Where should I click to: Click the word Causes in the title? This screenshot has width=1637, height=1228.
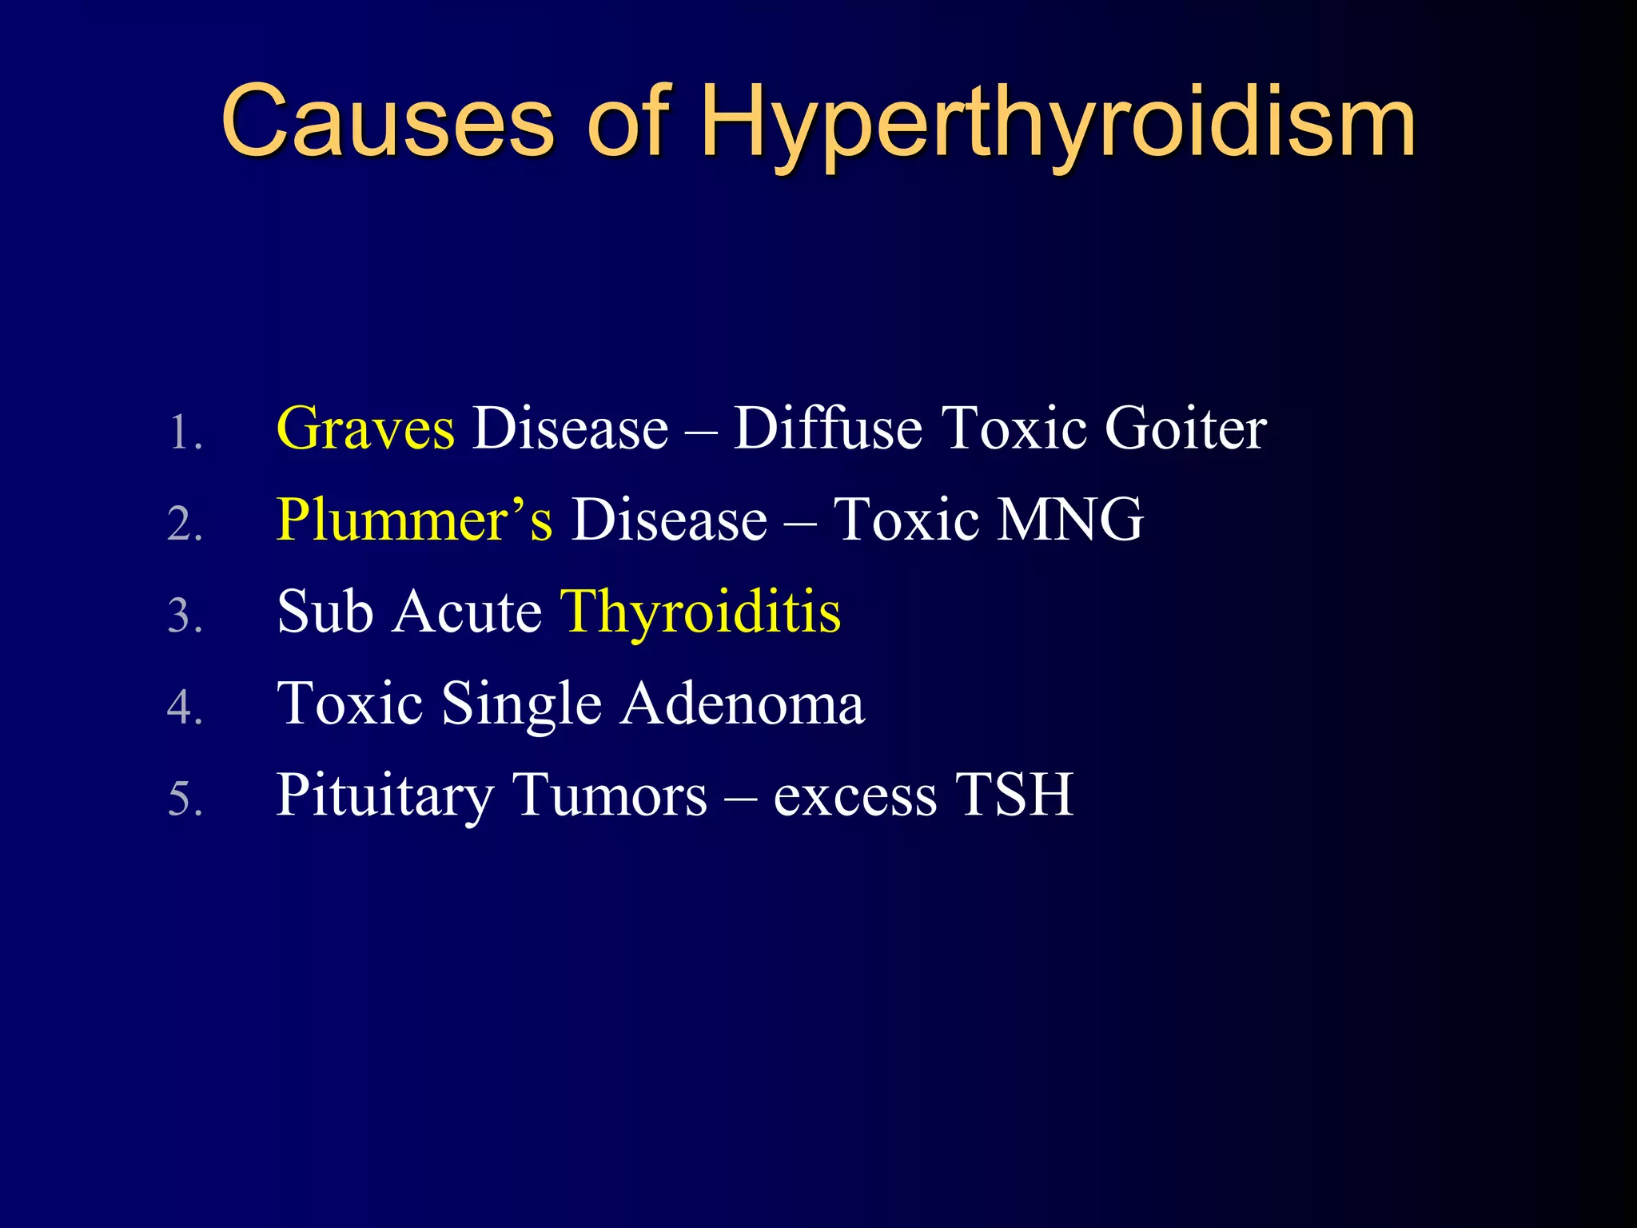point(387,122)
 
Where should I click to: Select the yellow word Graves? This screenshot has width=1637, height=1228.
point(365,429)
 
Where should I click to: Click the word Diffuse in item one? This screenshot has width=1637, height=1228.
point(827,429)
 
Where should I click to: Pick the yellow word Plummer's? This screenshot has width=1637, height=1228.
point(414,520)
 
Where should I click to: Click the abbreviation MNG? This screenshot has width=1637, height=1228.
point(1071,520)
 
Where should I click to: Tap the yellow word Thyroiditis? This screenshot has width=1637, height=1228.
point(701,612)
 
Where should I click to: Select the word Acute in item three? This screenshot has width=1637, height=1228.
point(468,612)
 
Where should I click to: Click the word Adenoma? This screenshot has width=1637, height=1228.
point(743,704)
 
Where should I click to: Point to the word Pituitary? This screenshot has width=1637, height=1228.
point(385,796)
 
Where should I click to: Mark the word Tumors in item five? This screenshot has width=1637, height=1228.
point(611,796)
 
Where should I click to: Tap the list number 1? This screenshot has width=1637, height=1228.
point(185,434)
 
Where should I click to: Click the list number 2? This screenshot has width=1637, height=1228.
point(185,526)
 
